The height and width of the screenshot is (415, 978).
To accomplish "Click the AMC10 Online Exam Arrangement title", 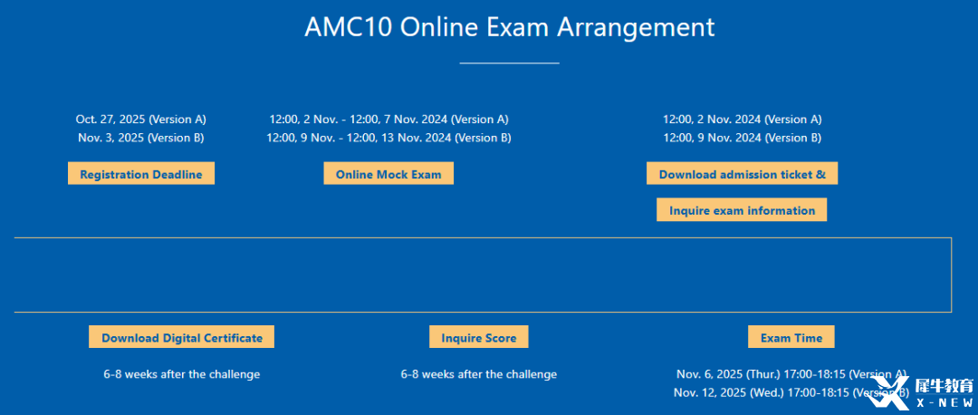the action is pos(509,28).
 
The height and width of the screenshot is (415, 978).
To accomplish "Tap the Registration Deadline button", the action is pos(141,174).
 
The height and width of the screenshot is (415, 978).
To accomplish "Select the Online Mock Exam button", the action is pos(388,174).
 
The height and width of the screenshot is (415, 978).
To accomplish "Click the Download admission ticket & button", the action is pos(743,174).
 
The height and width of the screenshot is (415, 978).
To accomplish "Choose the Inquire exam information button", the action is pos(742,210).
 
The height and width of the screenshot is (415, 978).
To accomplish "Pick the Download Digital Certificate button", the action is pos(181,337).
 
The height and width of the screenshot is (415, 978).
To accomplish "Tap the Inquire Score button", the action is pos(479,337).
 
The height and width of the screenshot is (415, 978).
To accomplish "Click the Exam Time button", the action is pos(791,337).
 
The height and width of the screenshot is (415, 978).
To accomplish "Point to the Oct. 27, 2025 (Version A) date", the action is pos(141,120).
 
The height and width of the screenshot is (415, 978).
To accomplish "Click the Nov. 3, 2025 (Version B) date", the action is pos(141,138).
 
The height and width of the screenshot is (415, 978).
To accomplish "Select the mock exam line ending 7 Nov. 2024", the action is pos(388,120).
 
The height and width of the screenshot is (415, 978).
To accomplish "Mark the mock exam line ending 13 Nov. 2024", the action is pos(388,138).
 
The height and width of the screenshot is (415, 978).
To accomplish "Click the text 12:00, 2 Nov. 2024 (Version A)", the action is pos(743,120).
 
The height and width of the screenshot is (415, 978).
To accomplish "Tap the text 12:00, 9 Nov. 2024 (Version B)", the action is pos(743,138).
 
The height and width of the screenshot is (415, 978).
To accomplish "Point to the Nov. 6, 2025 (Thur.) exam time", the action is pos(791,374).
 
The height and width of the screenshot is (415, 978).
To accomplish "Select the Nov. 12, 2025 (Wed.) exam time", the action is pos(791,392).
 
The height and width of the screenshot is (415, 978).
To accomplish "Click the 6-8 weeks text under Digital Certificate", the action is pos(181,374).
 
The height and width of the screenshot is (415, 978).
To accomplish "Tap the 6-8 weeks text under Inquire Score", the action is pos(479,374).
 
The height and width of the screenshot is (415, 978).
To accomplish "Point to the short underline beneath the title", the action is pos(510,63).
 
